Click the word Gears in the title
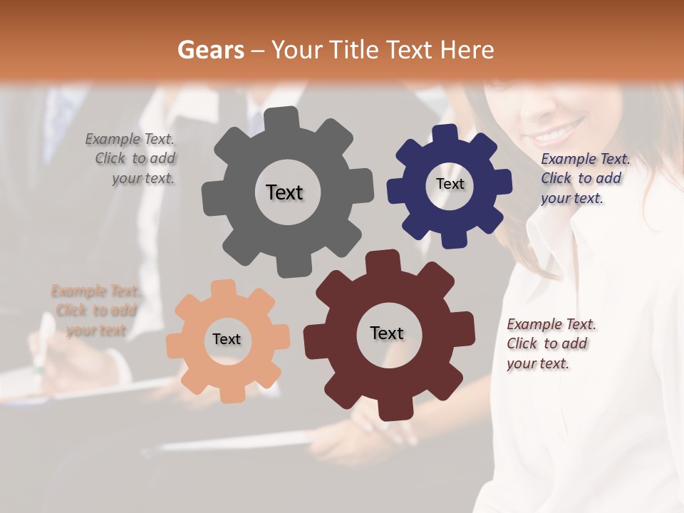click(x=210, y=50)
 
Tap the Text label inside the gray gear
click(x=284, y=192)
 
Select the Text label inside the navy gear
click(x=450, y=184)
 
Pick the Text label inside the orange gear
click(x=227, y=339)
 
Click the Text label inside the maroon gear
click(x=387, y=333)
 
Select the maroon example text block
click(x=550, y=343)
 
